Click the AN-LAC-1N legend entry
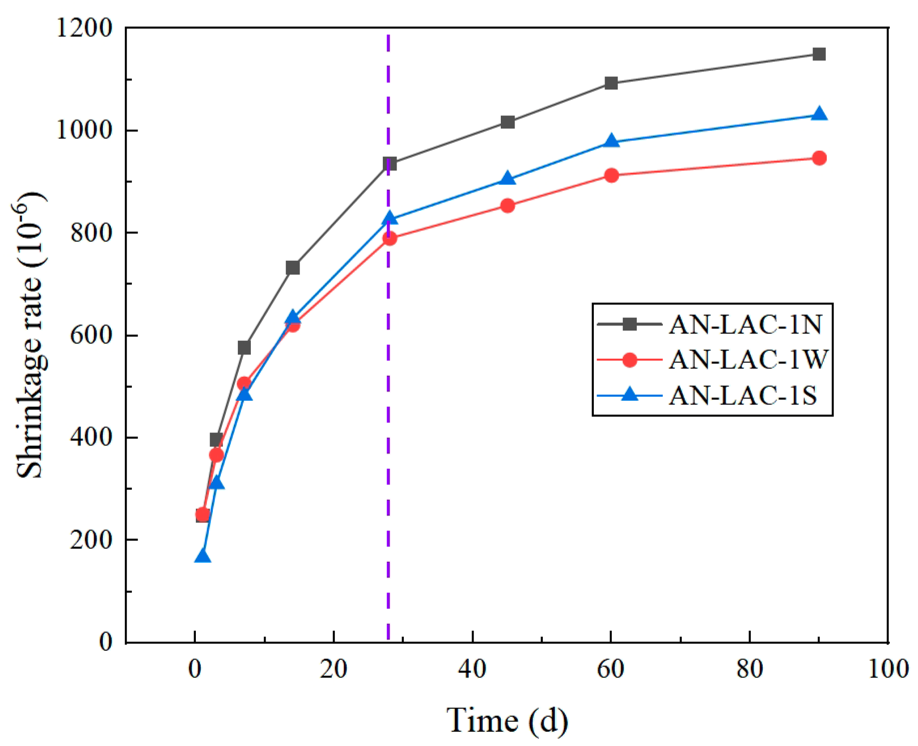point(745,325)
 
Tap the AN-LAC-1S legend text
point(743,395)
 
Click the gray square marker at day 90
point(819,54)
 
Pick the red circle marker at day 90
point(819,158)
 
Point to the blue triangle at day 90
point(819,114)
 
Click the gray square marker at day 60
point(611,83)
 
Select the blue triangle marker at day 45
point(507,178)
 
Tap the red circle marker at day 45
point(507,206)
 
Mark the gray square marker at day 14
point(292,267)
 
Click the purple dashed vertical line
point(388,447)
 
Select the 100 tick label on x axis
point(888,669)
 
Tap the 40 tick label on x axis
point(472,669)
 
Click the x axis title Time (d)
point(507,721)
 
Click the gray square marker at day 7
point(244,348)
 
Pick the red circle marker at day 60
point(611,175)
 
